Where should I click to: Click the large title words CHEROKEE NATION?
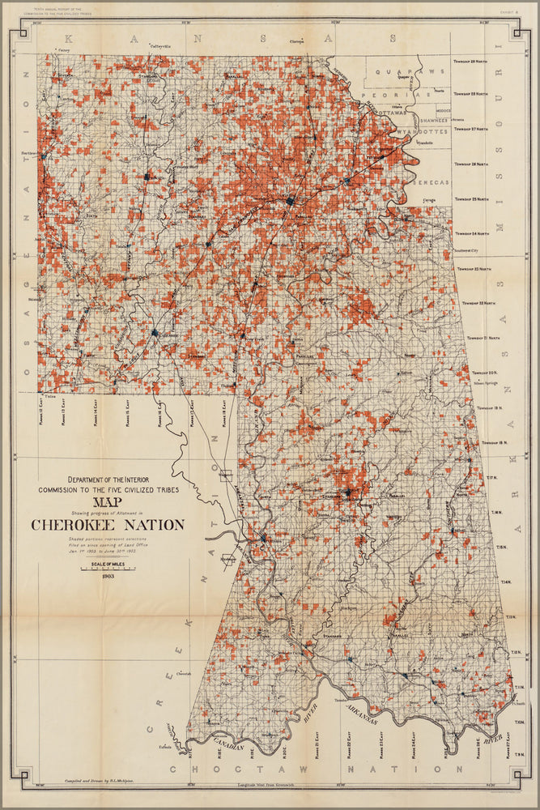click(107, 525)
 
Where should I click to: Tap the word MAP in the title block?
click(107, 501)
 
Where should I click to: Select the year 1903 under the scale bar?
click(108, 576)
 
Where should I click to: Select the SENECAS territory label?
click(429, 182)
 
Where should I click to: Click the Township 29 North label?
click(470, 71)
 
